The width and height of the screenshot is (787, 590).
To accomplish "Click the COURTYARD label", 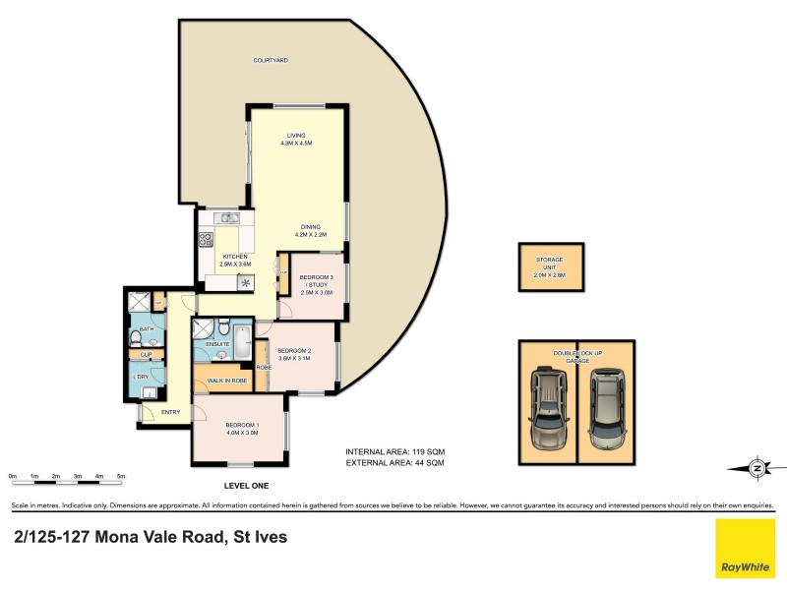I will pos(271,61).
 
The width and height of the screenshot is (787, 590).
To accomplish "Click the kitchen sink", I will pos(228,218).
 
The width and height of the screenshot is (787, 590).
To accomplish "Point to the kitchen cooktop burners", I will pos(208,238).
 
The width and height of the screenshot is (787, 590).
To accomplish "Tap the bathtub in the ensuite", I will pos(239,339).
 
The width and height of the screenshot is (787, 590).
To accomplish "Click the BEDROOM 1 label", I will pos(241,425).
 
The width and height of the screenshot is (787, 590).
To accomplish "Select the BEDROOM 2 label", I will pos(294,351).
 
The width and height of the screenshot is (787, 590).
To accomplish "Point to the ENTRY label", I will pos(170,411).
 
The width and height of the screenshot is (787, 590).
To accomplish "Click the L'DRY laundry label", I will pos(141,377).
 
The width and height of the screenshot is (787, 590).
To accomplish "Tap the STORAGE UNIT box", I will pos(549,267).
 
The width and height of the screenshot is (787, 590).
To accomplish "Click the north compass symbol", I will pos(757,468).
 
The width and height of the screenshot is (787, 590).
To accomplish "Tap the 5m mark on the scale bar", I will pos(121,476).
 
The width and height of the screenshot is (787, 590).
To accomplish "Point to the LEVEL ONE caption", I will pos(246,487).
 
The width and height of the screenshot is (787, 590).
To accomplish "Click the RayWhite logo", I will pos(746,549).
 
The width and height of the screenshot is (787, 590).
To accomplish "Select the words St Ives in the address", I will pos(257,537).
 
